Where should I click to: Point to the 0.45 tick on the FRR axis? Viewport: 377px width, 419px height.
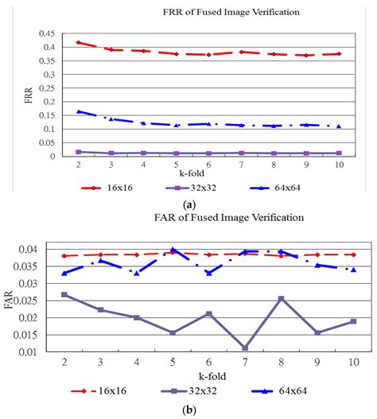(48, 33)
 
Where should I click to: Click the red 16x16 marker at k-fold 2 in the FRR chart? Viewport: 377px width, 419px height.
(77, 42)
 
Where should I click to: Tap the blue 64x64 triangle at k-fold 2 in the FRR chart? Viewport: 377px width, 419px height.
(78, 111)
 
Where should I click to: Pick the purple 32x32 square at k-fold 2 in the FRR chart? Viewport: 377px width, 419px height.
(78, 152)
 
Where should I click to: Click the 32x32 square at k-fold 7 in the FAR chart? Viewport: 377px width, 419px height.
(245, 347)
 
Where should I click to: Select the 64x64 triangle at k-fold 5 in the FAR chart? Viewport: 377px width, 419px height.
(173, 250)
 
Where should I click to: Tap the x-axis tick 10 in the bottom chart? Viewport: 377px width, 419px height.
(353, 362)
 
